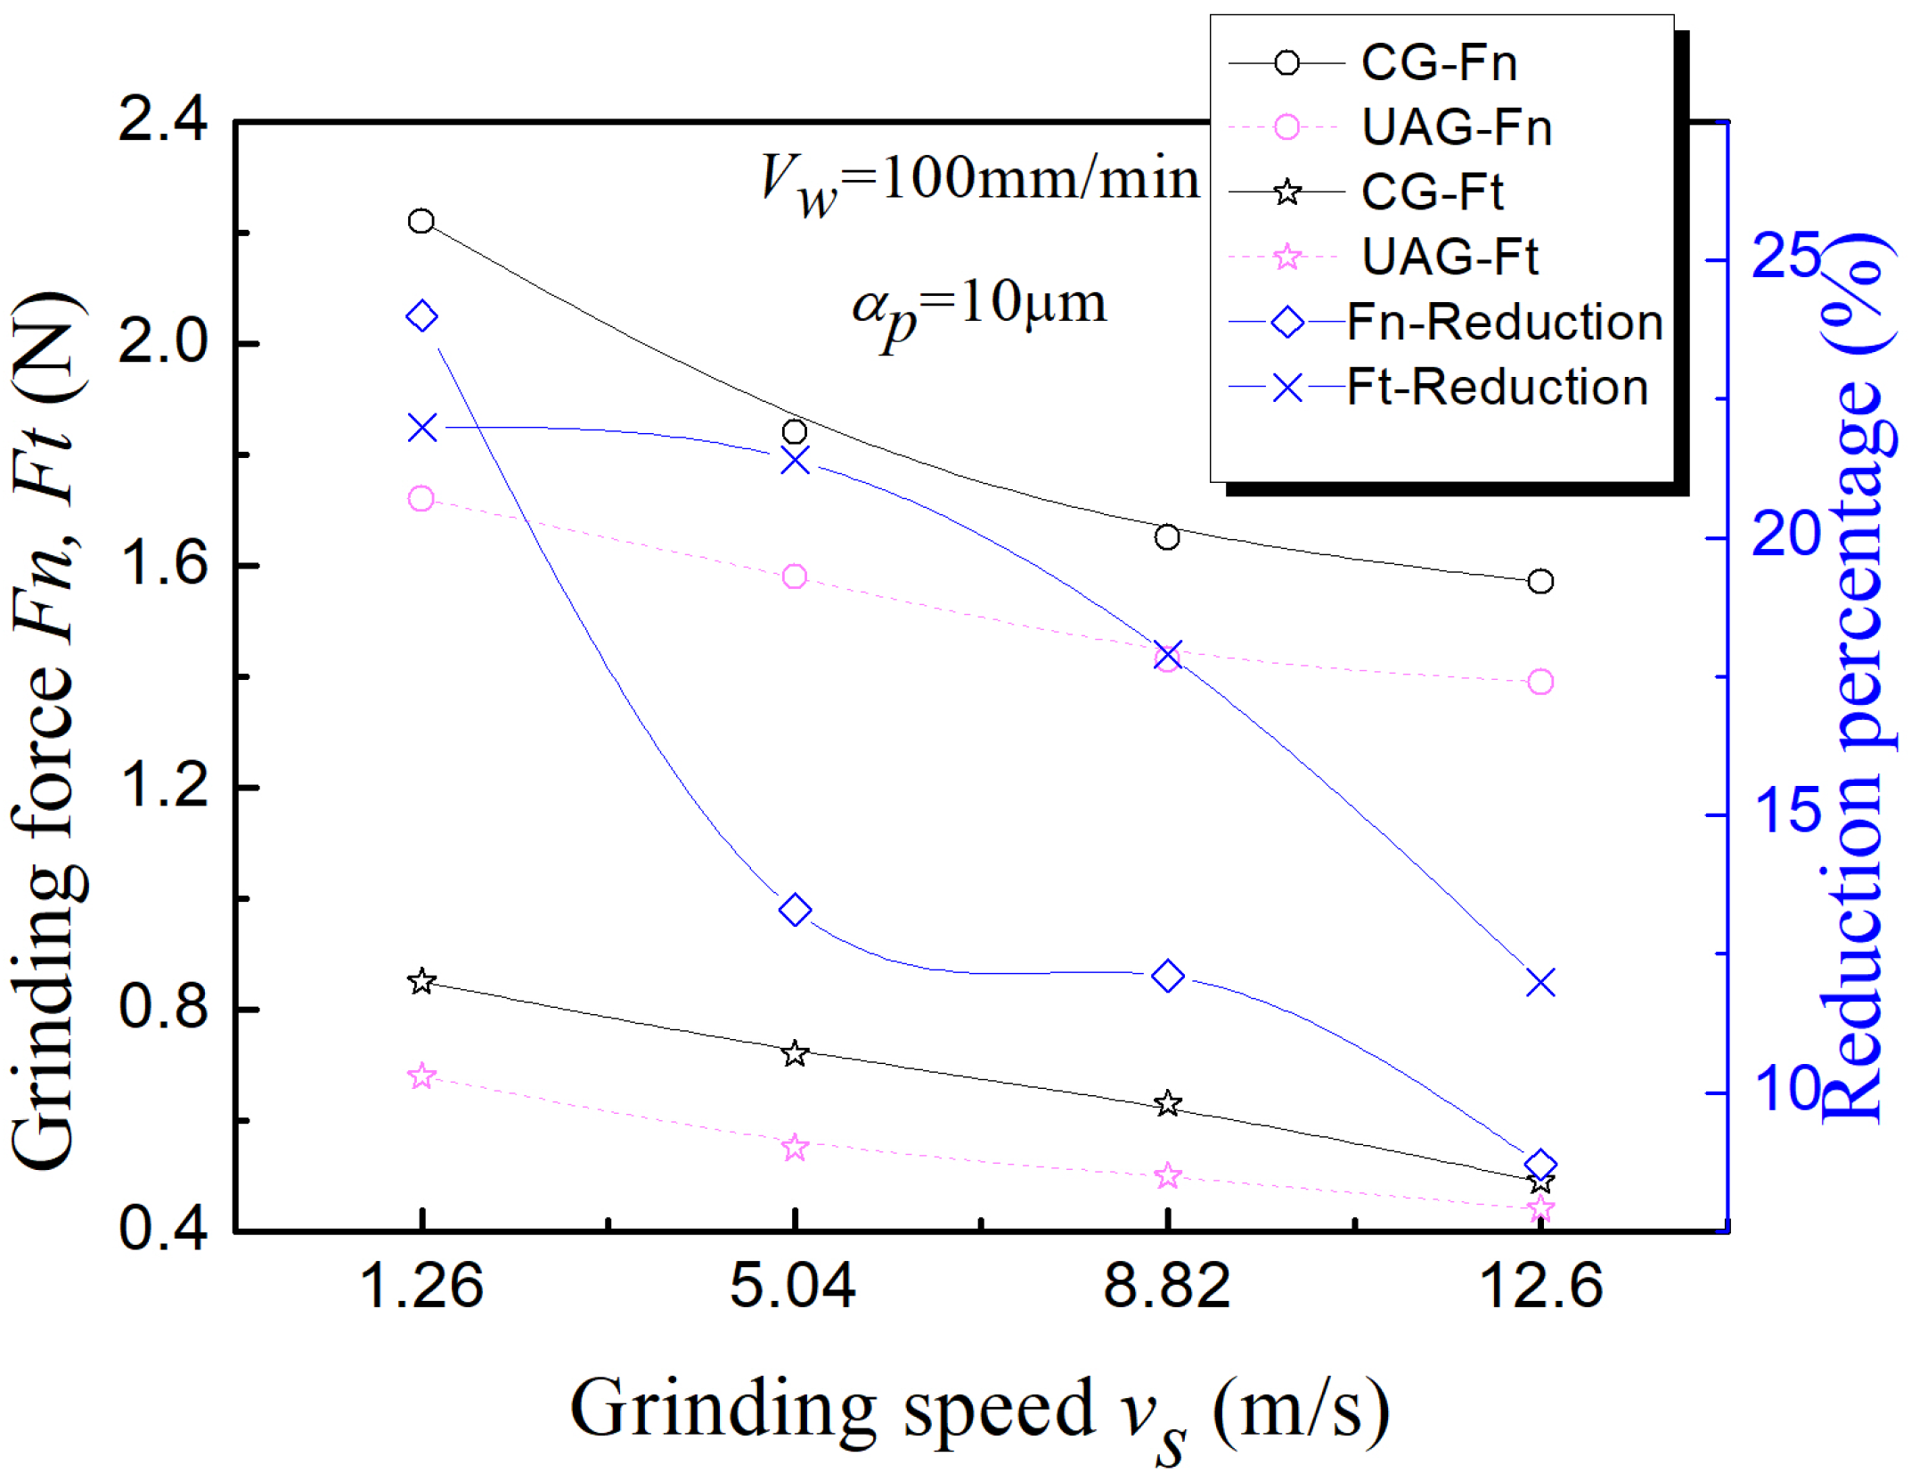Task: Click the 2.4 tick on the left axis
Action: [x=162, y=120]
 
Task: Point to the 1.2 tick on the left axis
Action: [x=162, y=788]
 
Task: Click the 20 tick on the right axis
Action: [x=1785, y=536]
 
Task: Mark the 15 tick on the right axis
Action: [x=1785, y=814]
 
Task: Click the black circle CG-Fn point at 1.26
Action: [x=421, y=221]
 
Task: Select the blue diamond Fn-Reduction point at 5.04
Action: [x=795, y=911]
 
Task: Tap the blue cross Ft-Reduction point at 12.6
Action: [x=1540, y=983]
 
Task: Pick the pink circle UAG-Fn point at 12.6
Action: [x=1540, y=682]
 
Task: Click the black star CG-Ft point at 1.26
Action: [x=421, y=982]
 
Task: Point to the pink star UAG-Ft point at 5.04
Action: [x=795, y=1148]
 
